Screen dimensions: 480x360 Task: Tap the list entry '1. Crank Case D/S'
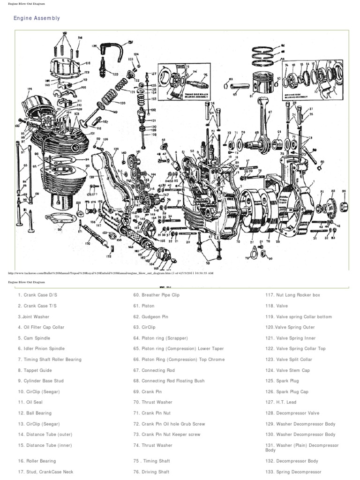pyautogui.click(x=37, y=295)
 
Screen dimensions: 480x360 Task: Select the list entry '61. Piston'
pyautogui.click(x=145, y=306)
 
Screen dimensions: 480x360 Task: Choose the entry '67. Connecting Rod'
pyautogui.click(x=156, y=370)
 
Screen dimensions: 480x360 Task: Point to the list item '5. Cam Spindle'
pyautogui.click(x=35, y=338)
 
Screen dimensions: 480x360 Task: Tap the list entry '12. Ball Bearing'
pyautogui.click(x=35, y=413)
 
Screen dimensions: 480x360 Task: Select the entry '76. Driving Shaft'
pyautogui.click(x=153, y=472)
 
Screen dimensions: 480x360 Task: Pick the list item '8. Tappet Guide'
pyautogui.click(x=36, y=370)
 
